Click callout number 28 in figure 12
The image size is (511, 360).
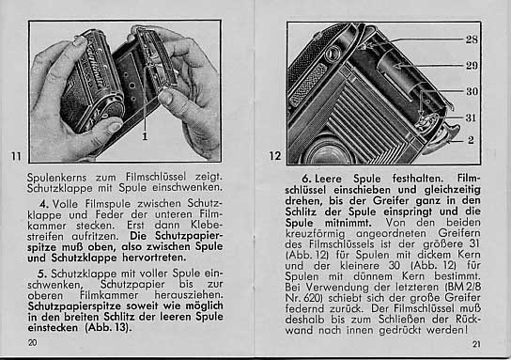tap(472, 39)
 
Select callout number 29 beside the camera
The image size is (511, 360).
tap(472, 66)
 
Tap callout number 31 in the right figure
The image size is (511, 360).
tap(471, 117)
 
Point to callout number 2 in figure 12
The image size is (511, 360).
tap(471, 140)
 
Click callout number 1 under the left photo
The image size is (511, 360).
tap(145, 136)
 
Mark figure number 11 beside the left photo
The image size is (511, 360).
tap(16, 156)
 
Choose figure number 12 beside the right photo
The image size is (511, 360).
tap(275, 156)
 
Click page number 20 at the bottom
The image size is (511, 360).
tap(32, 343)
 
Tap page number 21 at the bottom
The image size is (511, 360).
tap(476, 344)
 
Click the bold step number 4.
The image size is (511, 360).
tap(44, 204)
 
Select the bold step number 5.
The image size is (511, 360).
tap(43, 274)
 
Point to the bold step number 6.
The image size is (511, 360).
tap(306, 179)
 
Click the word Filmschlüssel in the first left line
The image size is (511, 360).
tap(156, 177)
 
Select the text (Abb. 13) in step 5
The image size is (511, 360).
tap(108, 327)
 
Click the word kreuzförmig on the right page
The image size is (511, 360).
tap(315, 234)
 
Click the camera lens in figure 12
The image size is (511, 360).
tap(329, 153)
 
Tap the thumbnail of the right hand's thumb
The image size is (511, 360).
tap(166, 97)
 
